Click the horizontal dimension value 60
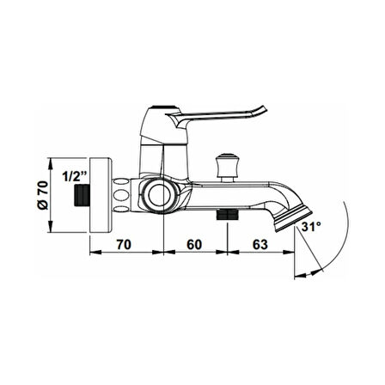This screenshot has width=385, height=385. (x=194, y=244)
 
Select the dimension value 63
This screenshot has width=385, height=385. (x=260, y=244)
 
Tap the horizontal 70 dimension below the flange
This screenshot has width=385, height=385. (x=124, y=244)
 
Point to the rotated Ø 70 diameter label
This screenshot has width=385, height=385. (x=43, y=195)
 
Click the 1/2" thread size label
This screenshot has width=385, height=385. (x=75, y=176)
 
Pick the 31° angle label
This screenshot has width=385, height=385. (x=311, y=227)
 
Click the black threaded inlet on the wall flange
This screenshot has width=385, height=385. (x=82, y=195)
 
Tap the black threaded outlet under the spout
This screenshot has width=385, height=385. (x=228, y=214)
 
